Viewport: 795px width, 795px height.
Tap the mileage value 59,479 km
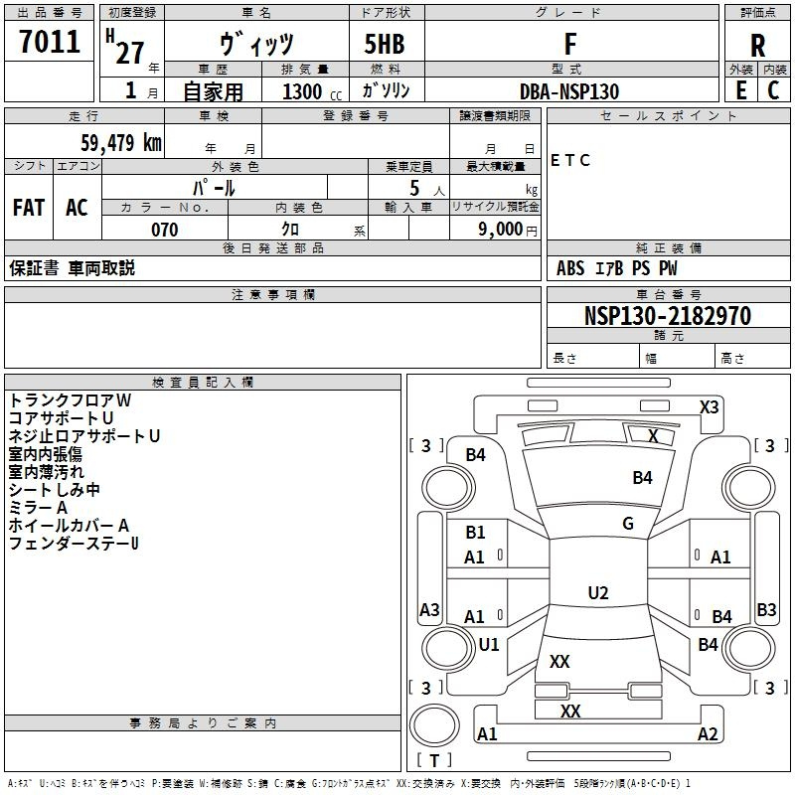pos(108,143)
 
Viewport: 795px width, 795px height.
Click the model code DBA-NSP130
pos(569,90)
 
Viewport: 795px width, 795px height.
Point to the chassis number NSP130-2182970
pos(668,316)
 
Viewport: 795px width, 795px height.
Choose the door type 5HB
pos(385,44)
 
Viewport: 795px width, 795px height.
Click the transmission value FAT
pos(29,207)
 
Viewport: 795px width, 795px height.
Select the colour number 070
pos(164,230)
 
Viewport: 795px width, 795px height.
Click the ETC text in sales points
pos(571,160)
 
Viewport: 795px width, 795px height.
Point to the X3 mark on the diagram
pos(710,406)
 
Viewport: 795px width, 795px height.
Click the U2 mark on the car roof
pos(598,593)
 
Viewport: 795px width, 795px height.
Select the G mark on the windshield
pos(628,523)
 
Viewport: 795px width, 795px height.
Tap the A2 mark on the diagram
pos(708,734)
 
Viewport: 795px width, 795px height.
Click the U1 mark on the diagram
pos(489,644)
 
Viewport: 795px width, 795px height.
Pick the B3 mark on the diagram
pos(766,610)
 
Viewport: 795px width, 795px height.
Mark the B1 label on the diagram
pos(476,533)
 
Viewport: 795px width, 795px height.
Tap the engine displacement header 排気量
pos(305,69)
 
